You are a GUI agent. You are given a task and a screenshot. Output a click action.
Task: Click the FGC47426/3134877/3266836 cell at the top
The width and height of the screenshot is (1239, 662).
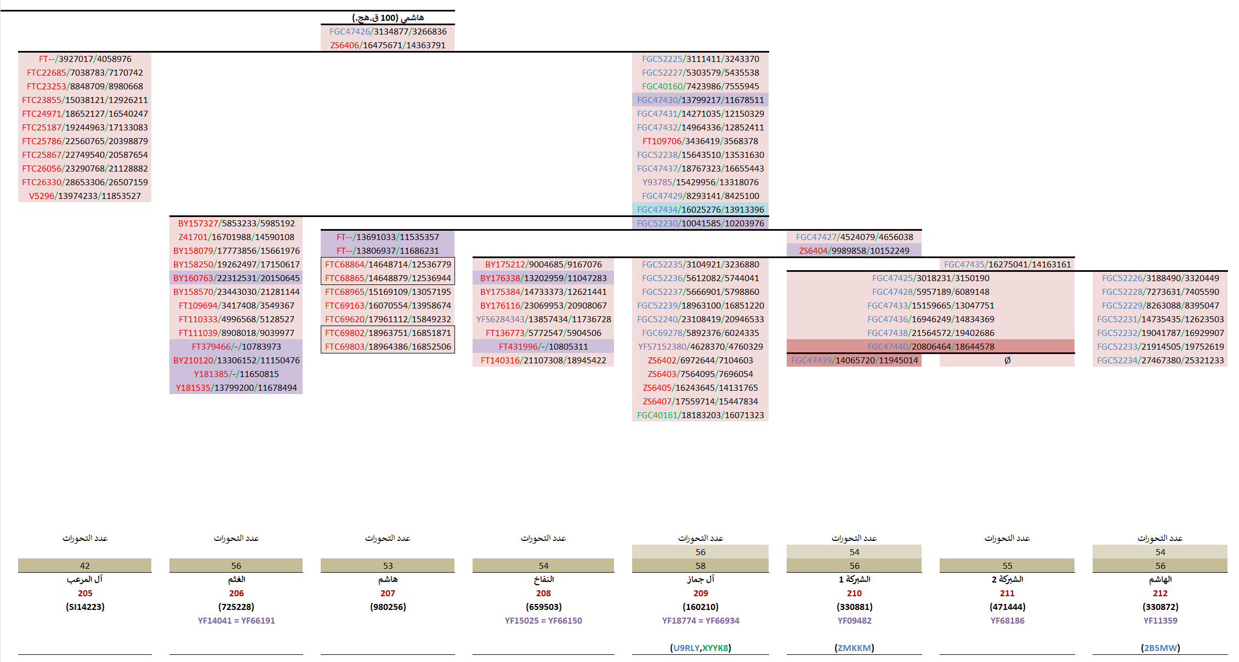[388, 32]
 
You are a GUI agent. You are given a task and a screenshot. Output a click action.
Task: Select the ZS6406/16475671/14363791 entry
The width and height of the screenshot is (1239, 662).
[388, 45]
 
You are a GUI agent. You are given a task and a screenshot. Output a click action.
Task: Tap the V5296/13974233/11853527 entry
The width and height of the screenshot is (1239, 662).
[85, 196]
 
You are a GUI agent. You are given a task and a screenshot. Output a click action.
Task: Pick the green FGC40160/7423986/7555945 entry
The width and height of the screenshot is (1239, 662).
[700, 87]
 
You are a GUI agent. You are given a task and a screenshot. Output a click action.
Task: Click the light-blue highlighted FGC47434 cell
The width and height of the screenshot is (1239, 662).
[700, 210]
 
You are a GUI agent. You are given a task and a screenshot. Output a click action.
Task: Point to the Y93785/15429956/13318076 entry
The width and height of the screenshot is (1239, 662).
[700, 182]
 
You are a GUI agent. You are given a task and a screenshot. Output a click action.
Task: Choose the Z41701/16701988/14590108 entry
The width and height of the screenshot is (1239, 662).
[236, 237]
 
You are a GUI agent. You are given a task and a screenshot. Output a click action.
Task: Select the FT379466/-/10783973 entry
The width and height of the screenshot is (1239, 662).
[236, 347]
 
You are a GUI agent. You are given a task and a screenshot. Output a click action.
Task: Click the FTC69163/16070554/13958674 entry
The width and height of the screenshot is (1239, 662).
[388, 306]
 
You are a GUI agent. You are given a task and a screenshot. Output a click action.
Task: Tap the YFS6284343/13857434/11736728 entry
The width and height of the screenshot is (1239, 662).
[543, 319]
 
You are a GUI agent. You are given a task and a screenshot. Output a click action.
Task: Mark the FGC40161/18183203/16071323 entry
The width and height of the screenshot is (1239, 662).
[700, 415]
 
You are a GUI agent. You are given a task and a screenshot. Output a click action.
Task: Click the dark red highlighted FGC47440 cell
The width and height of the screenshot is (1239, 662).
[930, 347]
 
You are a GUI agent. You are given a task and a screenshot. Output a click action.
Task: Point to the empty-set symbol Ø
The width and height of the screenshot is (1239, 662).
[1007, 361]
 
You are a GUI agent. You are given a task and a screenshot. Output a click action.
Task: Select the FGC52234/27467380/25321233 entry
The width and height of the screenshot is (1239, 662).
[1160, 361]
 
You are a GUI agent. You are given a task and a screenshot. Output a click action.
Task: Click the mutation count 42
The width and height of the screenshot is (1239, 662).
[85, 566]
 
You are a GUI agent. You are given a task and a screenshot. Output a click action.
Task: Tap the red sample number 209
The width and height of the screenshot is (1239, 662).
[701, 593]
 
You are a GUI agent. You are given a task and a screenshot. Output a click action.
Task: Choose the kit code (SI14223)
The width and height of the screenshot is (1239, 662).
[85, 607]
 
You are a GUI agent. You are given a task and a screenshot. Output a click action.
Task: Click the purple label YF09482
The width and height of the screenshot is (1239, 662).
[854, 621]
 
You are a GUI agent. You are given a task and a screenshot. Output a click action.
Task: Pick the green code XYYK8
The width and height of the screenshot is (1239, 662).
[715, 648]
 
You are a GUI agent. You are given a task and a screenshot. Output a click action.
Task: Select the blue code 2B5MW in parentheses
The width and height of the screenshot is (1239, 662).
[1160, 648]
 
